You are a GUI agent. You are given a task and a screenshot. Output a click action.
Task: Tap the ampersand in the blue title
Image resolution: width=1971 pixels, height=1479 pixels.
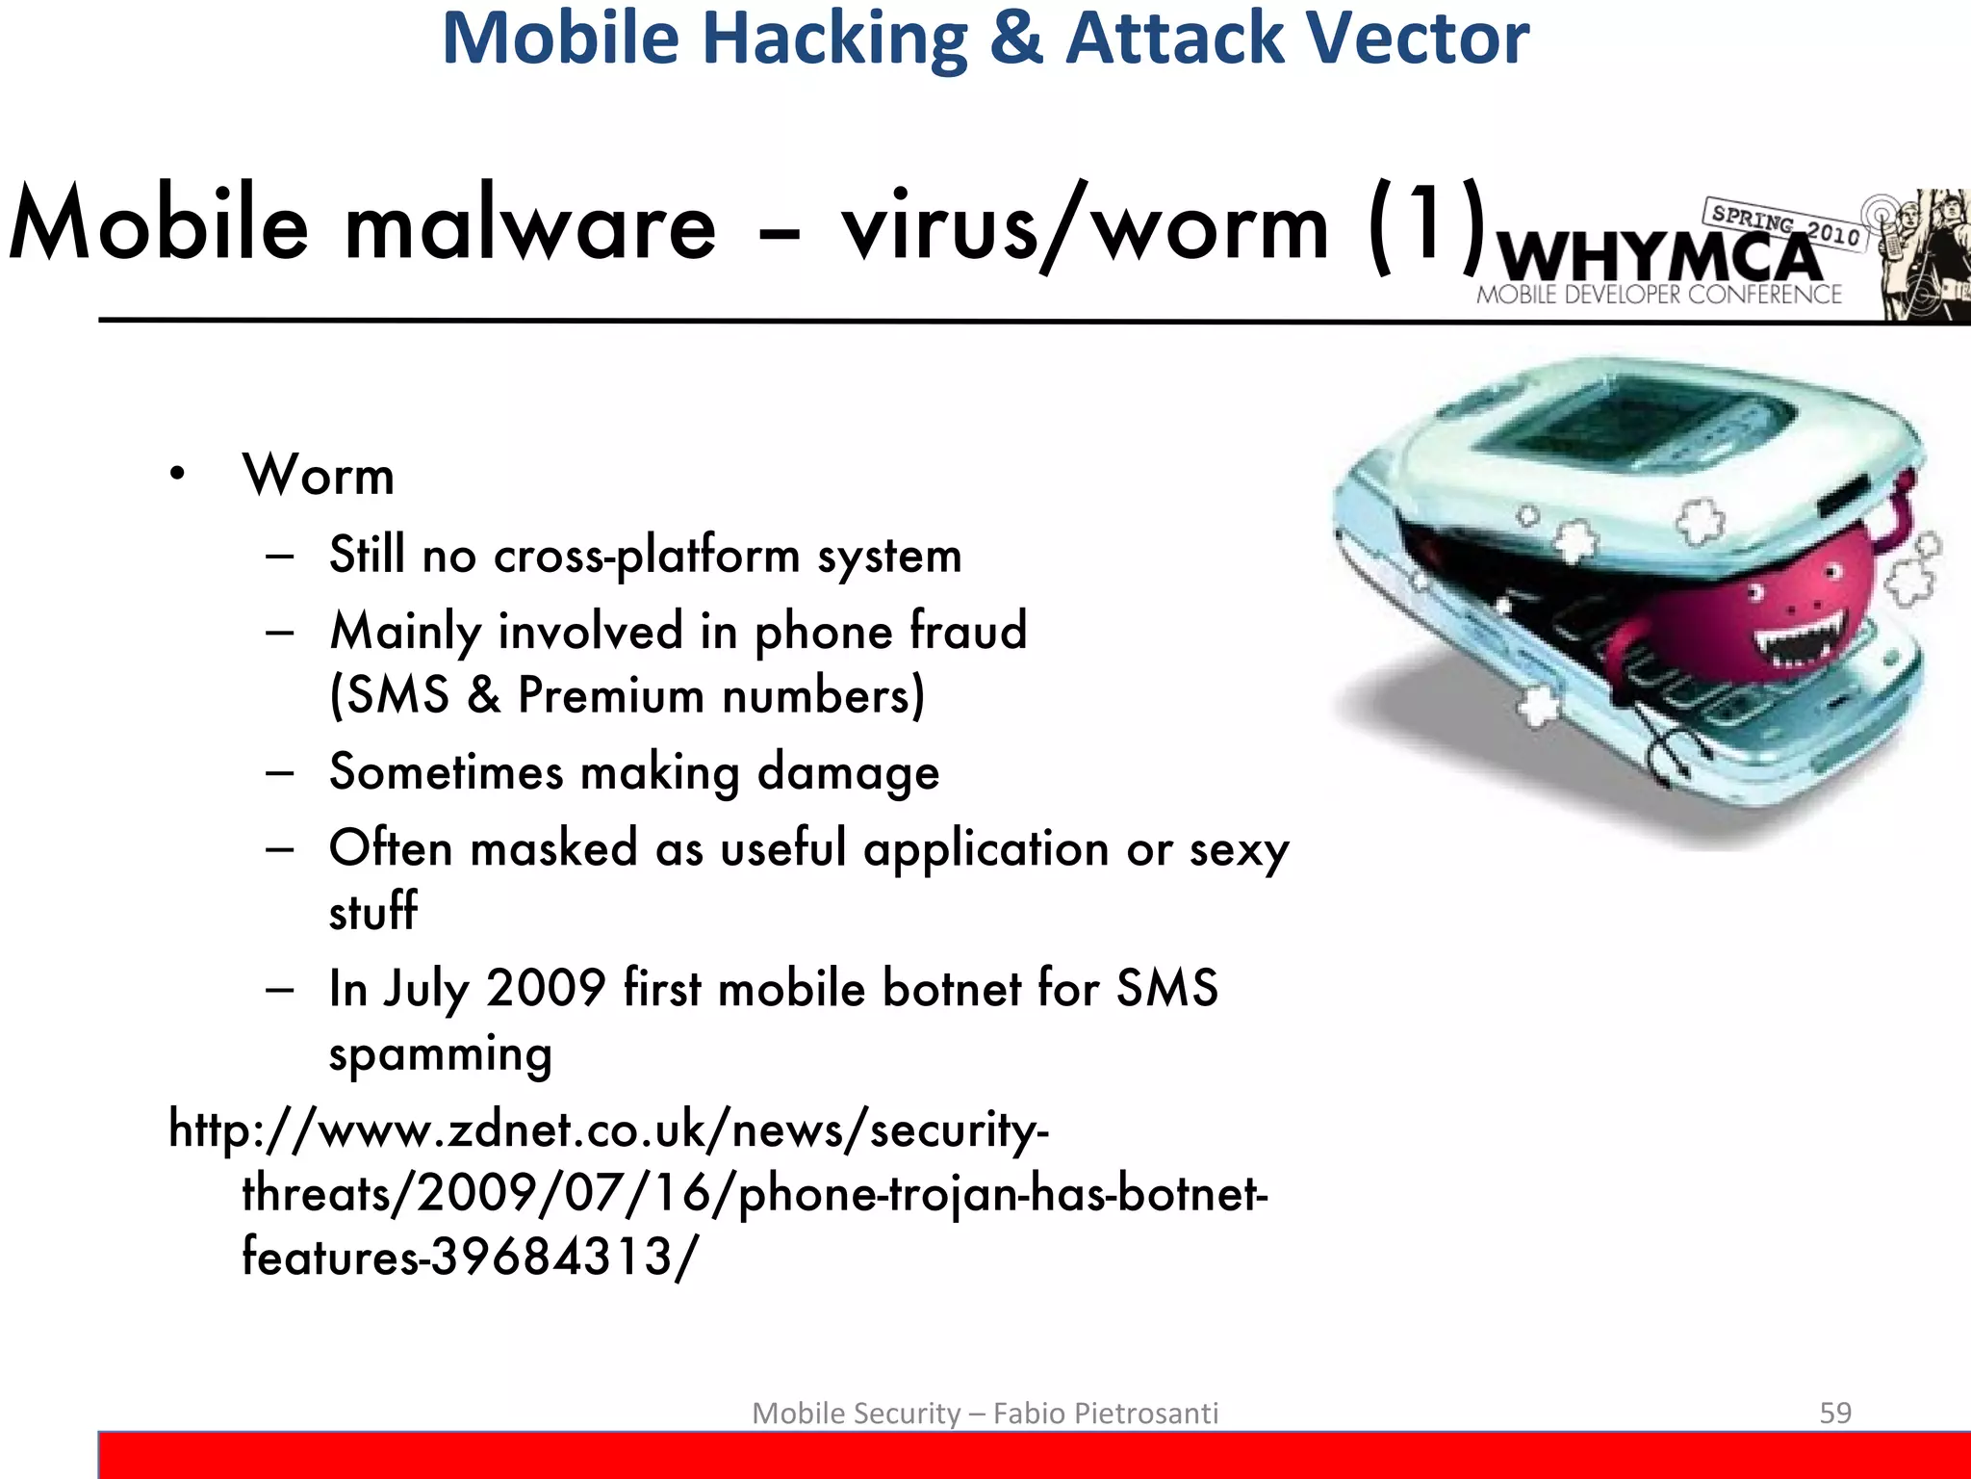click(x=1015, y=39)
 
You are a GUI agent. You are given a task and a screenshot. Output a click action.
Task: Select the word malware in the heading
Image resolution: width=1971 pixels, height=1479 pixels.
click(x=530, y=226)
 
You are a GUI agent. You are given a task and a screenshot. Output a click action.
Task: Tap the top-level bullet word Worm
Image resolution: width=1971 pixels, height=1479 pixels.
click(x=319, y=475)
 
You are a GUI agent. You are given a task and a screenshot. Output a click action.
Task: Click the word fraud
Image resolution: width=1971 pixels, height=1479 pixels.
click(x=968, y=631)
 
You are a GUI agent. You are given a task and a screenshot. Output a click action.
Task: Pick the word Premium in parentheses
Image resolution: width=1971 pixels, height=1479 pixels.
click(x=610, y=695)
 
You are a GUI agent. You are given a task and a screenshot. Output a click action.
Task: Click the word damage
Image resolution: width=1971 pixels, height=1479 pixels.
click(x=848, y=772)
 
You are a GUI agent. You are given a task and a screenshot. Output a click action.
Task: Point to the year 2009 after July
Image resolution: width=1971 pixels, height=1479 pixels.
click(x=546, y=988)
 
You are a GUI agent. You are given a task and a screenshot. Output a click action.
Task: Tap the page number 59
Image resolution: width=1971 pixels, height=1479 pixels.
click(x=1835, y=1413)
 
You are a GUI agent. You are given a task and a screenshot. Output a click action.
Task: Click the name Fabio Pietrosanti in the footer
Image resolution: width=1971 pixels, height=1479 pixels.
click(x=1106, y=1413)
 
